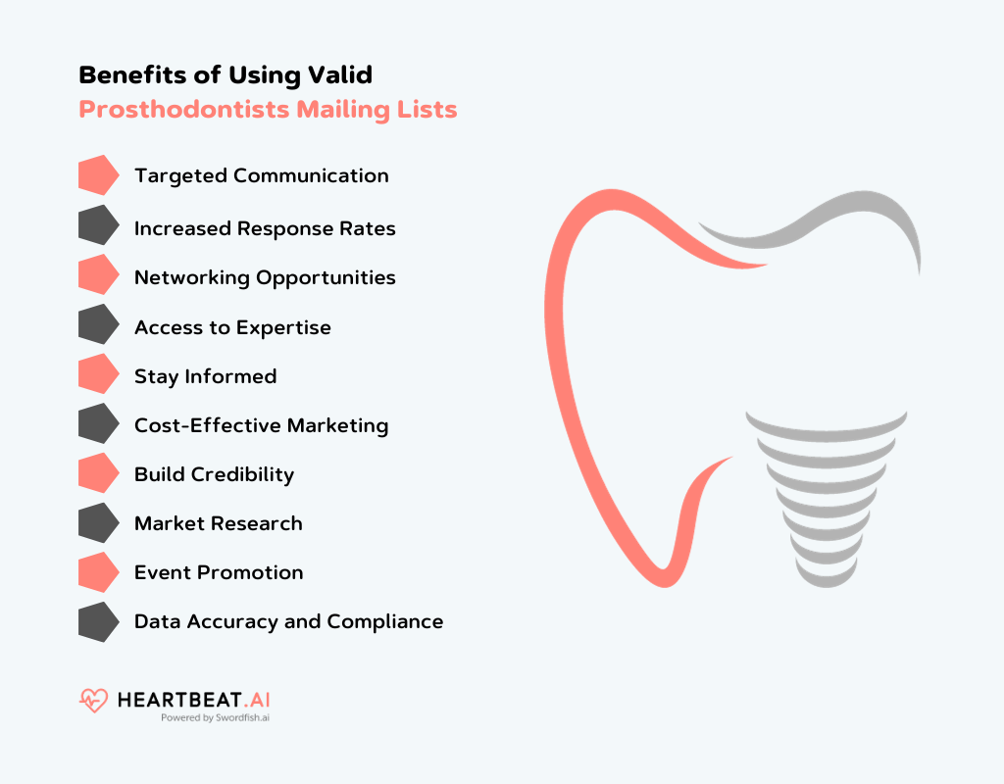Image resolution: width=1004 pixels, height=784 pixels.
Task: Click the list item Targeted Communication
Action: click(x=261, y=176)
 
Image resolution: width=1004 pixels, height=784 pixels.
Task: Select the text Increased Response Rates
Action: click(x=265, y=229)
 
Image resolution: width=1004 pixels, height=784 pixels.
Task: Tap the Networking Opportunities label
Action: click(x=265, y=278)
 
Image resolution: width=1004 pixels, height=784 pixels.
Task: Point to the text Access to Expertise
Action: click(x=232, y=328)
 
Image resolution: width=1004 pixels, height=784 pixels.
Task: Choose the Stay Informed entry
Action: click(x=205, y=377)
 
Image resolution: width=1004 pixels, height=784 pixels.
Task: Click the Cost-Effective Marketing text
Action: click(x=261, y=426)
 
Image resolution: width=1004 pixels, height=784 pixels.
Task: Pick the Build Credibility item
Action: click(x=214, y=475)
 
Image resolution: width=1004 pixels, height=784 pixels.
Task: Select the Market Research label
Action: click(x=218, y=524)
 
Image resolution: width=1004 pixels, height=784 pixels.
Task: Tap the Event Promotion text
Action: click(x=219, y=573)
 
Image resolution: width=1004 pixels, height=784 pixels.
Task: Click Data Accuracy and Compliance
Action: click(x=288, y=622)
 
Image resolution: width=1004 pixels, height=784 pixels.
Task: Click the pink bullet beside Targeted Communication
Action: click(x=97, y=176)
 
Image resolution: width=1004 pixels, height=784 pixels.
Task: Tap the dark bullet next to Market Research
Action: click(x=97, y=524)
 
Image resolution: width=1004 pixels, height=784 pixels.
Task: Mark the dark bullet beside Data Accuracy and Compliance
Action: click(x=97, y=622)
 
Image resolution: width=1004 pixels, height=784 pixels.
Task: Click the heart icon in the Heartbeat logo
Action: click(x=94, y=701)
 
